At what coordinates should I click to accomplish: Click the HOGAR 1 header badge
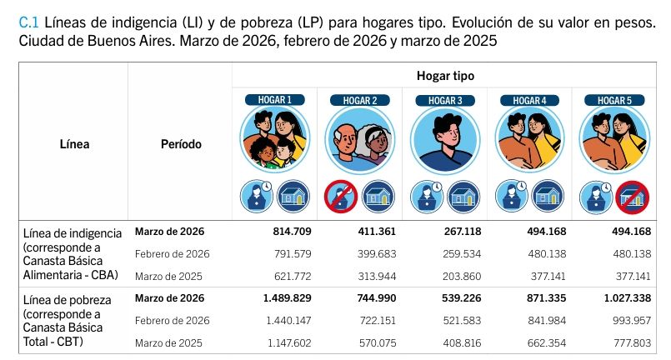point(274,100)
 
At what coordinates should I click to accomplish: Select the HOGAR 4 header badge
point(529,100)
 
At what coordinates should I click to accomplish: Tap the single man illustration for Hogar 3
point(445,139)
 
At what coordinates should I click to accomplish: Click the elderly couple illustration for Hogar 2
point(359,139)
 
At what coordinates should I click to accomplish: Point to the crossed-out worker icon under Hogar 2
point(340,196)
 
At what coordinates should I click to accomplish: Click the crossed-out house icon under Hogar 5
point(633,196)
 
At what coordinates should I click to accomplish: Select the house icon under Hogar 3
point(463,196)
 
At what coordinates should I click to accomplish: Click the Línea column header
point(74,144)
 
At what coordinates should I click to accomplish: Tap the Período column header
point(180,144)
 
